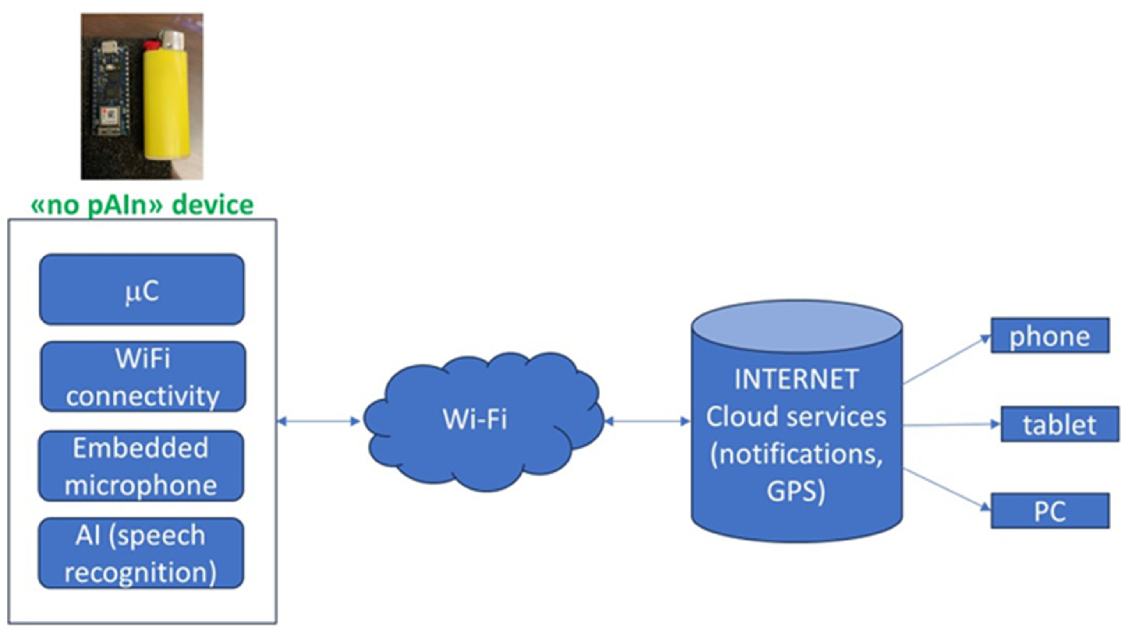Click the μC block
point(142,289)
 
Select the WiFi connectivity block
point(143,376)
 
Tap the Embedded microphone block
point(141,466)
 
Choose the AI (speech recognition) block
point(141,554)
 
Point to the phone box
point(1050,336)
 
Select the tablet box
point(1059,424)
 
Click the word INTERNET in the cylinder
point(796,379)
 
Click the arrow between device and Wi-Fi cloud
point(319,422)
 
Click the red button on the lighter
point(151,45)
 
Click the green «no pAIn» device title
point(142,205)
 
